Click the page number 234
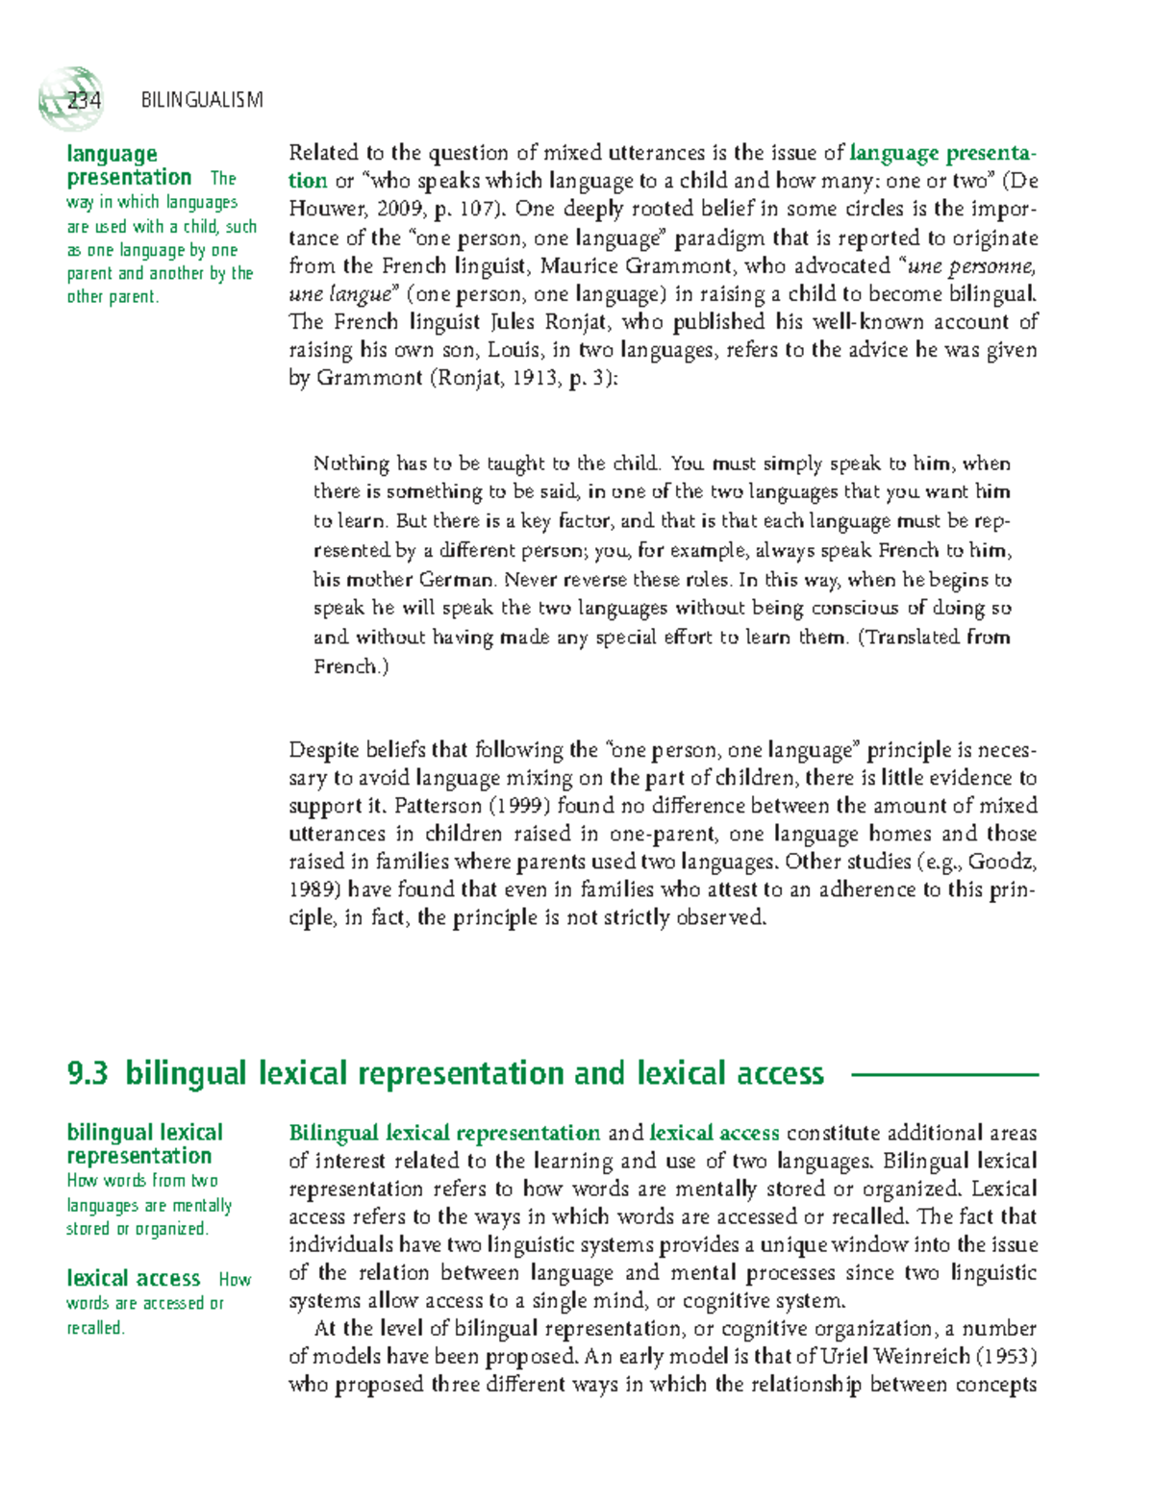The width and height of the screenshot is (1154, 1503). coord(85,100)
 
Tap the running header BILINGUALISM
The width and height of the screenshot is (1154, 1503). coord(202,100)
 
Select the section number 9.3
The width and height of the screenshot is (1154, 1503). coord(88,1073)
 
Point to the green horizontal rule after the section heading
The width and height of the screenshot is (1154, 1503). coord(945,1074)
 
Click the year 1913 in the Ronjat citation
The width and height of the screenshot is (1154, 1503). coord(533,378)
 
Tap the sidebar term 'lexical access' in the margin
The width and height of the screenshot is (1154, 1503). coord(134,1278)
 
